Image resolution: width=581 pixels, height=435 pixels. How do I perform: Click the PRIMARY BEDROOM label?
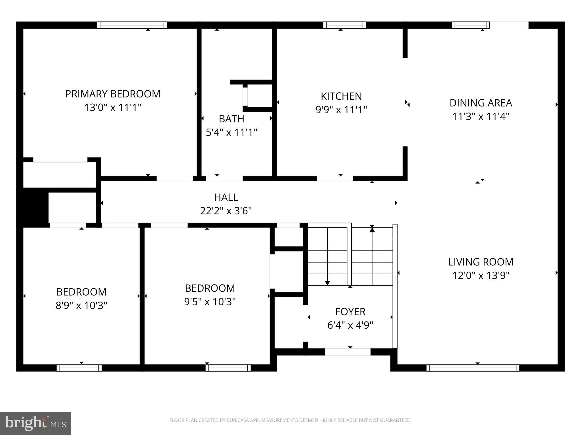pos(113,94)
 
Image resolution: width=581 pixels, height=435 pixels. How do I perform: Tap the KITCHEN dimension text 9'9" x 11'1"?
pos(341,110)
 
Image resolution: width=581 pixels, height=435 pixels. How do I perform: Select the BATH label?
pos(231,119)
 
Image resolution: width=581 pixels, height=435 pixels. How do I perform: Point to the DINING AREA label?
pos(481,103)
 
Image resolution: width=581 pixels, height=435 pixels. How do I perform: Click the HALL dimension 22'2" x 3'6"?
pos(226,211)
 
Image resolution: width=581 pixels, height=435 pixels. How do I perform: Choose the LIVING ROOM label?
pos(481,262)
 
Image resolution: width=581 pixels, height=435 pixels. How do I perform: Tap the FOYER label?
pos(350,312)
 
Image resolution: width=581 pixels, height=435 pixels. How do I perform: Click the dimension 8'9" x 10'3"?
pos(81,306)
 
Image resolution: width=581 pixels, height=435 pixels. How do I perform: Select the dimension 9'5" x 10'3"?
pos(210,302)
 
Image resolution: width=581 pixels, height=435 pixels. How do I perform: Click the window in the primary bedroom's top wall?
pos(132,25)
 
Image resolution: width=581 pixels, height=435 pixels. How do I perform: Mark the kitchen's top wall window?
pos(344,25)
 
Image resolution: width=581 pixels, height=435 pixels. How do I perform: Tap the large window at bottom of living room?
pos(473,368)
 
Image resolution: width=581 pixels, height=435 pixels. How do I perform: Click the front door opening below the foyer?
pos(348,352)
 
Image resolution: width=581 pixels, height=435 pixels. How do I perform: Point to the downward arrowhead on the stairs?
pos(327,283)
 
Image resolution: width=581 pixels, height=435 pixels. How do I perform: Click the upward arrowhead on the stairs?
pos(372,230)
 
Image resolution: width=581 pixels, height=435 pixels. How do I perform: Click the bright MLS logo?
pos(35,423)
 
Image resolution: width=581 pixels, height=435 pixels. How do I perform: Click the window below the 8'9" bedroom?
pos(79,368)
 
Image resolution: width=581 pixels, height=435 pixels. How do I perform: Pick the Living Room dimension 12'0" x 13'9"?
pos(481,276)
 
